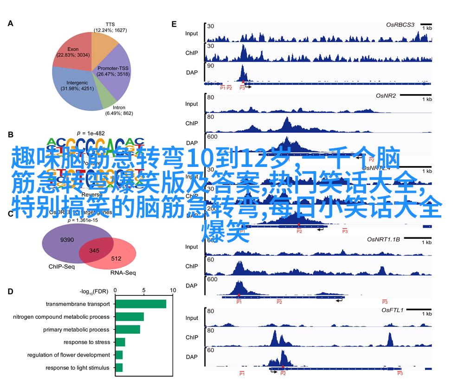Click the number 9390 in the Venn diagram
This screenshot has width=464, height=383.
coord(67,240)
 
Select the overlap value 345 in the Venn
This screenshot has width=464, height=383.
coord(95,251)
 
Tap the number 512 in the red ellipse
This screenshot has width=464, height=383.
coord(116,258)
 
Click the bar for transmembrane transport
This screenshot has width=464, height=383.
coord(141,304)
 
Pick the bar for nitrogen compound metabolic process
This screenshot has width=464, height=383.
coord(129,317)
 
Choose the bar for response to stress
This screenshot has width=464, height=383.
coord(120,342)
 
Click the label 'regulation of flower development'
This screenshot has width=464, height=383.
coord(68,355)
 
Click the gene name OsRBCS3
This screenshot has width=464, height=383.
coord(400,24)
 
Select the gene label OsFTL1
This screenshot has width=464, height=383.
coord(393,310)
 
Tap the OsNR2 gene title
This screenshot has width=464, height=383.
coord(386,96)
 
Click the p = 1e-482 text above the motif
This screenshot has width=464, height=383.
coord(91,133)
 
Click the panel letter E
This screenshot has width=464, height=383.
coord(174,24)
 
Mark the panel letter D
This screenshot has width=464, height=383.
coord(10,292)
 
